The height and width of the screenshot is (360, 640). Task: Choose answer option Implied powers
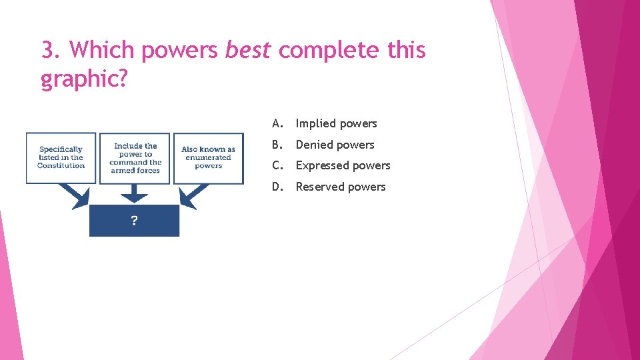point(336,123)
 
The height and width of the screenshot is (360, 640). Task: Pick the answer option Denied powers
point(335,145)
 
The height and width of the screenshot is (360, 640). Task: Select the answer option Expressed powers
point(343,165)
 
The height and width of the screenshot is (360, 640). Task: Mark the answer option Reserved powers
point(340,187)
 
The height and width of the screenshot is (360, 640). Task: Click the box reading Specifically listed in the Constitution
point(61,157)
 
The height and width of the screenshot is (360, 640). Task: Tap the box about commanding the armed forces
point(135,158)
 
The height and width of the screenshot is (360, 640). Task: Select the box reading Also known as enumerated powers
point(208,158)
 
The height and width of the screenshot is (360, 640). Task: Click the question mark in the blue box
point(134,221)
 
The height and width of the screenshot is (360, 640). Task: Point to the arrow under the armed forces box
point(135,194)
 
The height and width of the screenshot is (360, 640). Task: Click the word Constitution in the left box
point(61,165)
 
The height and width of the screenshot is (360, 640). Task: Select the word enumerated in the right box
point(208,158)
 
